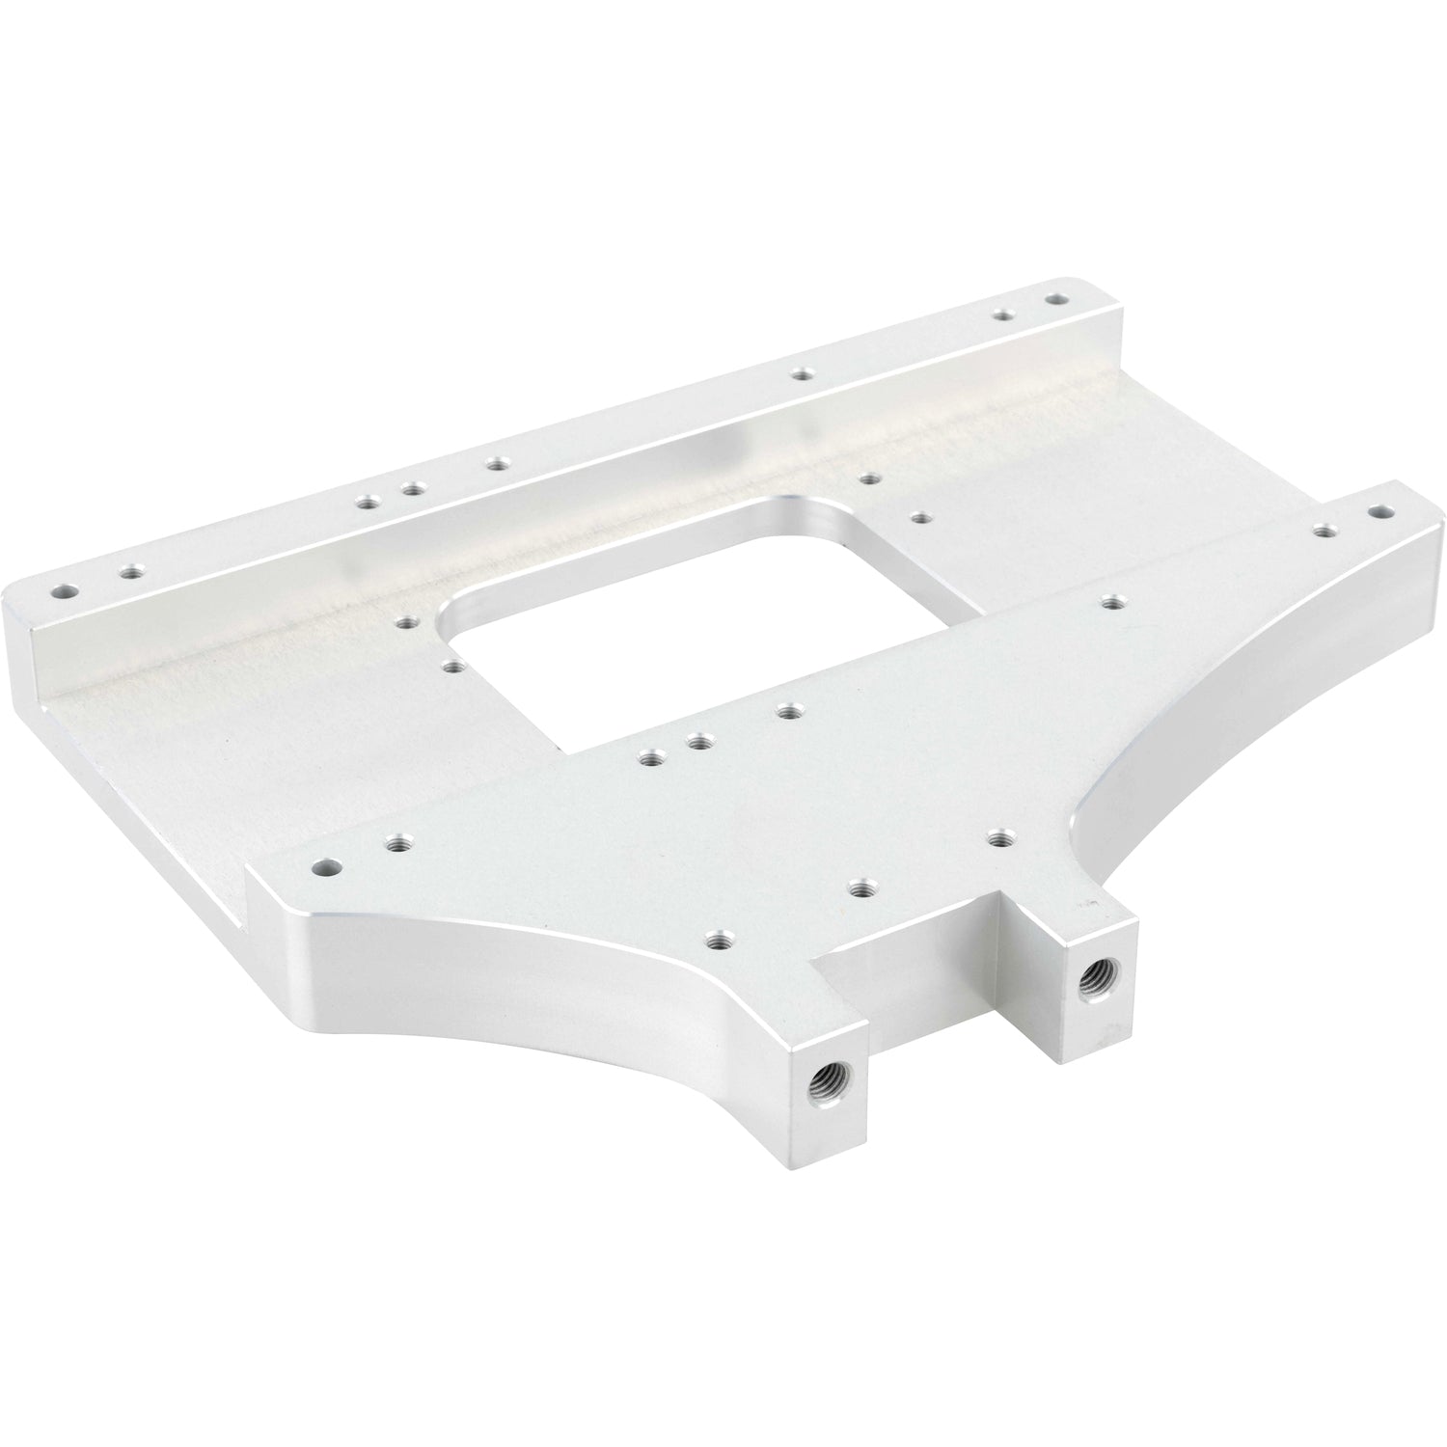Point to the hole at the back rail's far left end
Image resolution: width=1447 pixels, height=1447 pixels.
click(x=64, y=587)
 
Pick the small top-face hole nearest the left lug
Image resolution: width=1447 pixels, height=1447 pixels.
click(x=715, y=938)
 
